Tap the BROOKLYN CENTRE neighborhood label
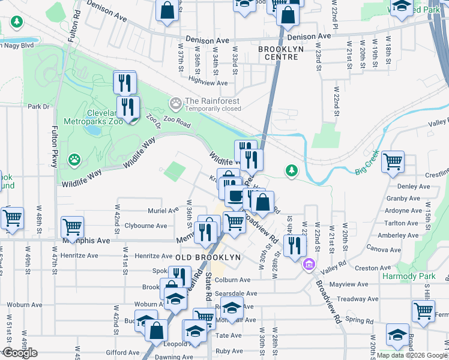(278, 53)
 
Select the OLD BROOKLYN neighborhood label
(208, 257)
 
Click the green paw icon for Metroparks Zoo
(74, 160)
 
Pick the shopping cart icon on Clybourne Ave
(72, 227)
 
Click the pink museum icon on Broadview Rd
(309, 263)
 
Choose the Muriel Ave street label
(163, 211)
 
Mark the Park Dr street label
(38, 107)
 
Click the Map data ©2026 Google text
(412, 355)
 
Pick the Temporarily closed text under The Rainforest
(213, 109)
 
